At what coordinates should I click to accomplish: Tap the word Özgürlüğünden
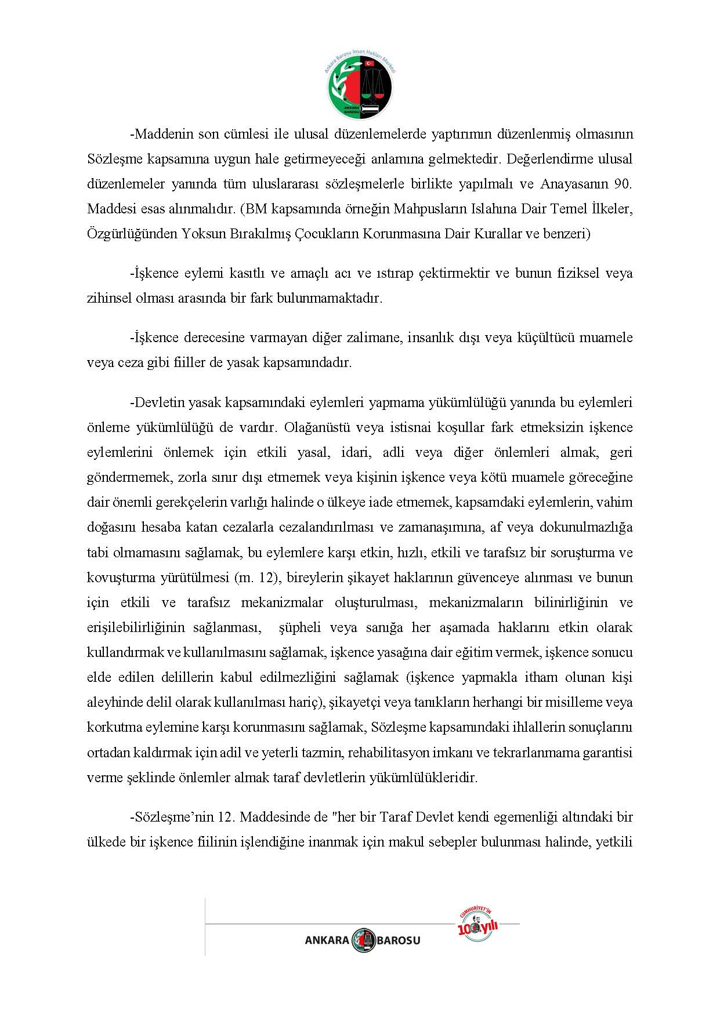pos(131,234)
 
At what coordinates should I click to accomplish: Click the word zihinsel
pos(108,298)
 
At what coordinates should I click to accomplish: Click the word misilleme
pos(574,702)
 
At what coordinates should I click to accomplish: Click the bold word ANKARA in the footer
pos(327,940)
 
